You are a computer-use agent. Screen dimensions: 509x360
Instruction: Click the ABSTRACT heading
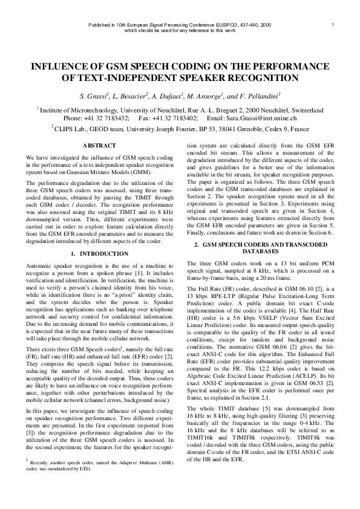pos(99,146)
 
